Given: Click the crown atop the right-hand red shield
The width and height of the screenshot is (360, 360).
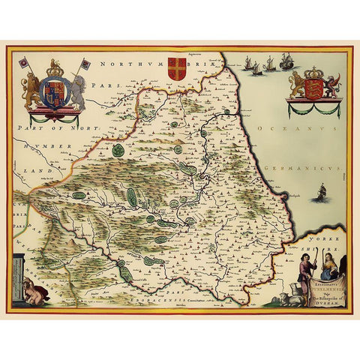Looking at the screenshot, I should coord(313,64).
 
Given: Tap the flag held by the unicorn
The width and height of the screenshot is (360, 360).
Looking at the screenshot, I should coord(85,64).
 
